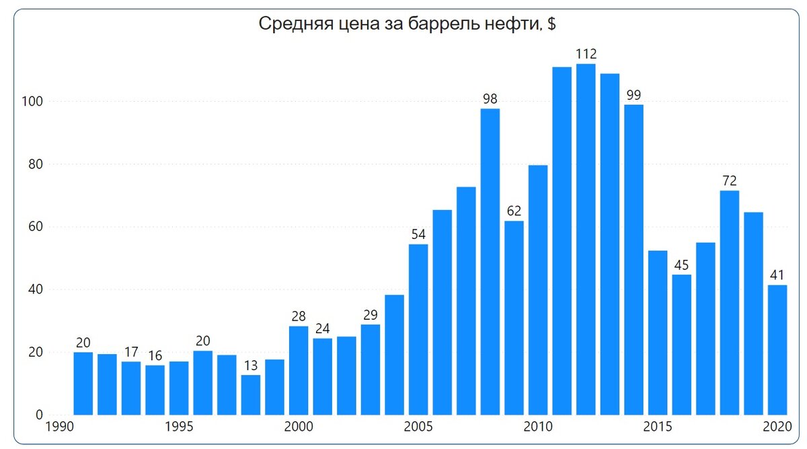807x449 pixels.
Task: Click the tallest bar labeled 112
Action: click(586, 239)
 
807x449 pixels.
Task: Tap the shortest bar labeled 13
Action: click(250, 394)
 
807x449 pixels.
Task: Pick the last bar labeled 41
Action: click(777, 349)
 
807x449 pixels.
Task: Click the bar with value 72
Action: click(729, 302)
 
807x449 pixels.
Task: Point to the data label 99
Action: click(633, 95)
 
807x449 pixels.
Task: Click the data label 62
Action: click(514, 211)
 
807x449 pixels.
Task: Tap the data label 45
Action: click(681, 265)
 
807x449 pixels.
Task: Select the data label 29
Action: click(370, 315)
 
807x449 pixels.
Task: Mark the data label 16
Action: click(155, 355)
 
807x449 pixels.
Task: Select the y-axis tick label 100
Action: click(34, 102)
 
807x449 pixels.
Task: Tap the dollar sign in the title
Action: click(551, 25)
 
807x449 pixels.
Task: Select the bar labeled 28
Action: click(299, 370)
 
